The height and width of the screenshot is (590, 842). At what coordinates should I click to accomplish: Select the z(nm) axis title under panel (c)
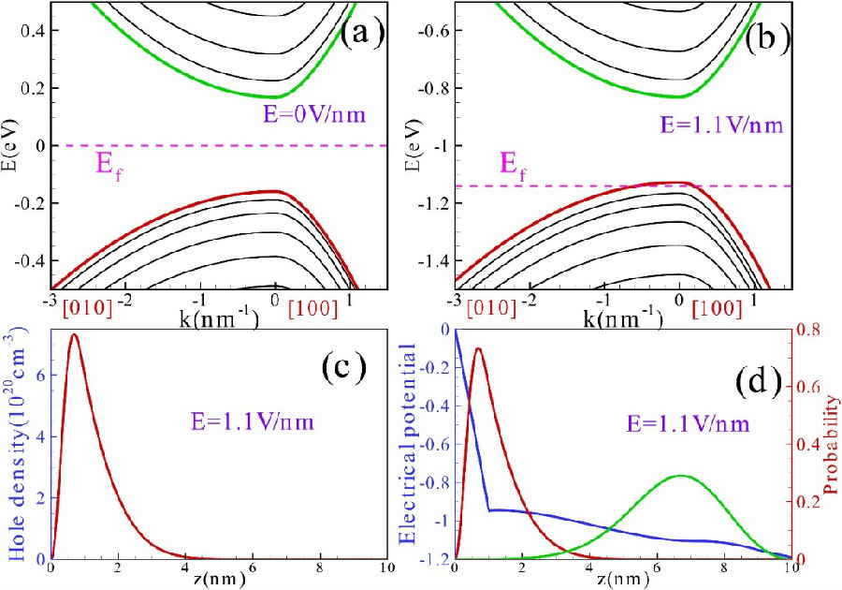pos(218,578)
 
